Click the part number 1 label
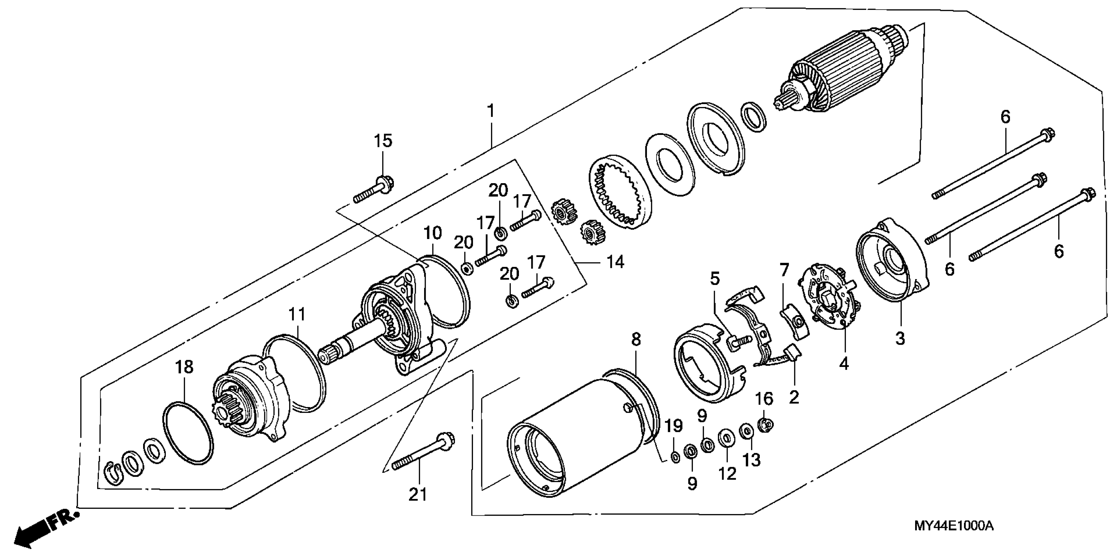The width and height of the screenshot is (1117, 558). (490, 111)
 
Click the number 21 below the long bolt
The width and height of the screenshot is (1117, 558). (418, 494)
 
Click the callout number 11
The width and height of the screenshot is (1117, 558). (297, 314)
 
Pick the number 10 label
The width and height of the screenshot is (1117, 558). (432, 233)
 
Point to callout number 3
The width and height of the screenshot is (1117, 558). (900, 338)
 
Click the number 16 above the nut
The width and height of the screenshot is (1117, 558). (764, 398)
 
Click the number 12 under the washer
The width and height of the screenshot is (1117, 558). (727, 473)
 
